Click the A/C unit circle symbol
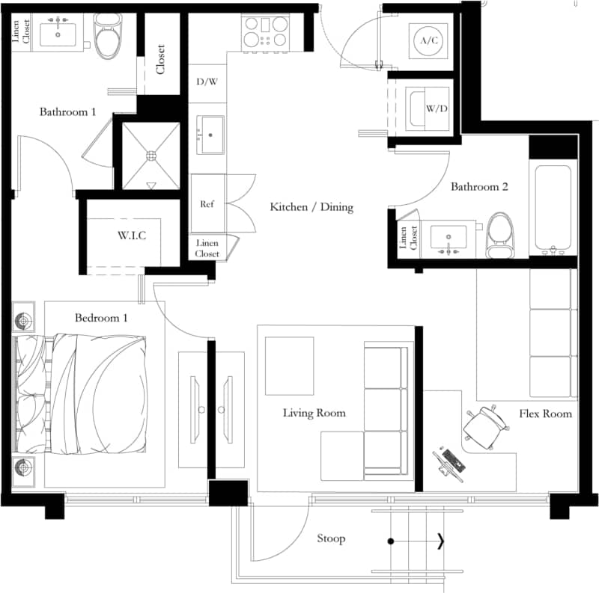[x=428, y=40]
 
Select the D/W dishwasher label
[x=207, y=81]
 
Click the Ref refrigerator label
[x=207, y=204]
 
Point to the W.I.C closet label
[x=132, y=236]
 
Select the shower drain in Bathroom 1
[x=151, y=156]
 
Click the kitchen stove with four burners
[x=266, y=32]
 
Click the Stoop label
[x=331, y=538]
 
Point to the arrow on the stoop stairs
[x=440, y=541]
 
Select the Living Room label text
[x=314, y=413]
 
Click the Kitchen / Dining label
[x=311, y=206]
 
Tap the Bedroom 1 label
[x=101, y=318]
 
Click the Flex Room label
[x=546, y=414]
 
